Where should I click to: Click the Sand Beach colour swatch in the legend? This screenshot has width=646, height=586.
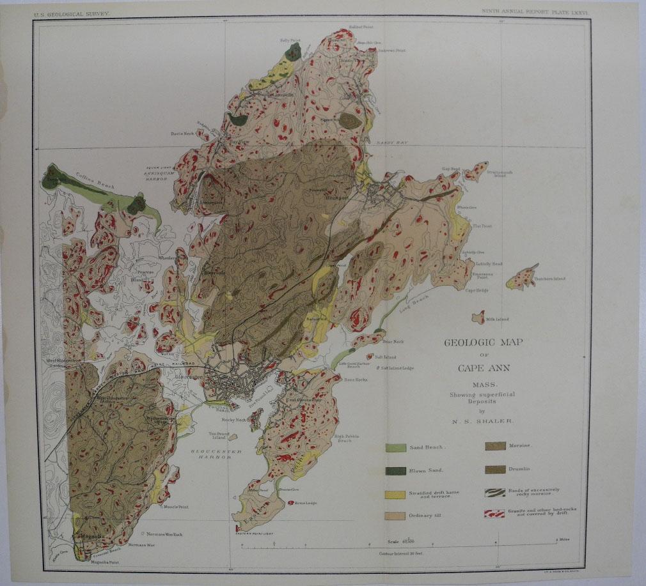click(395, 447)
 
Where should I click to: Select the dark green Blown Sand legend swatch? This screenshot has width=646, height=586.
click(395, 471)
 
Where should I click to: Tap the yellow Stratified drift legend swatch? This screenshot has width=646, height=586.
click(395, 495)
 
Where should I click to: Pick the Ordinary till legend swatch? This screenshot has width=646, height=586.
click(395, 516)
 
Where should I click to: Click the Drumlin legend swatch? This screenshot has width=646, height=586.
click(496, 470)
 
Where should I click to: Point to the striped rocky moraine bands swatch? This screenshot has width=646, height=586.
click(496, 492)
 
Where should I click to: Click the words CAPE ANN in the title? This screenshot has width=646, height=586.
click(484, 367)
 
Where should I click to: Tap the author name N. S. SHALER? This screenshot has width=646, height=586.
click(484, 422)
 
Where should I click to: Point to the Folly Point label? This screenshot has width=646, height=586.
click(290, 40)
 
